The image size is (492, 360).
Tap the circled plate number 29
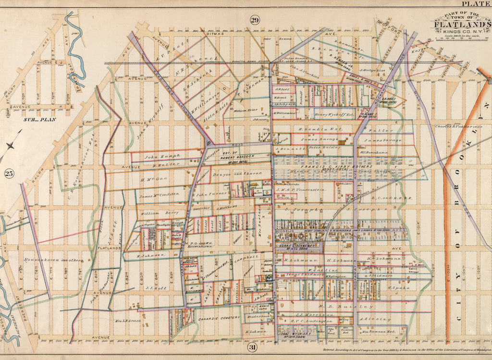pyautogui.click(x=254, y=20)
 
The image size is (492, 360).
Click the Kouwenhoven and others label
pyautogui.click(x=47, y=260)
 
